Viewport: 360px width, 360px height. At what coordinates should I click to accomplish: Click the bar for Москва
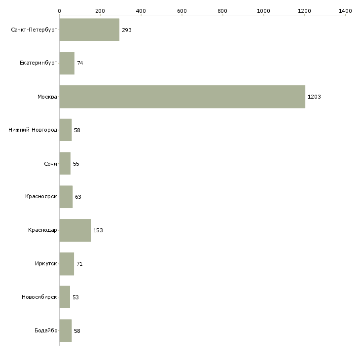click(182, 97)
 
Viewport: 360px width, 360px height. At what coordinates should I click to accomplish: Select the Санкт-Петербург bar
click(89, 30)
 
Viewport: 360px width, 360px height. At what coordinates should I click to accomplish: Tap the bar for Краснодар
click(75, 230)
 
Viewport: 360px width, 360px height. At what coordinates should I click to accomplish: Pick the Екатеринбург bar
click(67, 63)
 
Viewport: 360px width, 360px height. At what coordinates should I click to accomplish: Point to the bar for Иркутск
click(67, 264)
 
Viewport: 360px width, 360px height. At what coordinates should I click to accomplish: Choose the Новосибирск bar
click(65, 297)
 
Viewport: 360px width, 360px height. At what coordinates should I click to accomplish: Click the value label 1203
click(314, 97)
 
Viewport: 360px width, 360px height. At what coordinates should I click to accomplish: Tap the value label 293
click(127, 30)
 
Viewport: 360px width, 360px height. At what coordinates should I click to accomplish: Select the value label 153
click(98, 230)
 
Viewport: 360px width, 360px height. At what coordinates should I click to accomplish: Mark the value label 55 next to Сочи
click(76, 164)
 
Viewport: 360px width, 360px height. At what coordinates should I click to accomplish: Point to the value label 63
click(78, 197)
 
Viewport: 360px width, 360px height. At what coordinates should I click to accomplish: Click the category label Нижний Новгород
click(33, 130)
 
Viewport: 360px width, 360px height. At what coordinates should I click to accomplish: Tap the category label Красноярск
click(41, 197)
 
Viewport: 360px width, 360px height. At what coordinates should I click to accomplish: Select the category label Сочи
click(50, 164)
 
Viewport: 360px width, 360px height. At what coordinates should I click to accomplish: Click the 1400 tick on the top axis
click(345, 10)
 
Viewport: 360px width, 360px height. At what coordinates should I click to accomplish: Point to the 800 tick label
click(223, 10)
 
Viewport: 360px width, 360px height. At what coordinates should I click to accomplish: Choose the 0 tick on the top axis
click(59, 10)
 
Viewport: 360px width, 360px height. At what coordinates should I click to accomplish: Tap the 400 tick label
click(141, 10)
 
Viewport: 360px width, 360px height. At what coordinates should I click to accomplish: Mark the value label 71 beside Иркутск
click(79, 264)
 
